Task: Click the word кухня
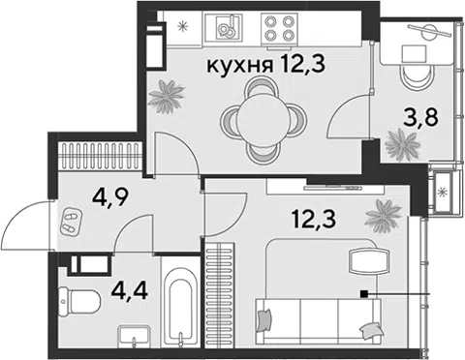coord(239,66)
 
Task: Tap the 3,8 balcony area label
coord(421,118)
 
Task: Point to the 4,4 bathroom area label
coord(129,290)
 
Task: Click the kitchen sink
coord(229,27)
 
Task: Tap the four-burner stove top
coord(279,28)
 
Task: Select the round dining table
coord(263,121)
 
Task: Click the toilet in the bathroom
coord(78,302)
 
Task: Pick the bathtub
coord(180,307)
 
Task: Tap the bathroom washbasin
coord(134,337)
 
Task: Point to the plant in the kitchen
coord(167,97)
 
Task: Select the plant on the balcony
coord(403,145)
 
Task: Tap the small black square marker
coord(364,293)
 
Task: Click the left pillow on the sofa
coord(264,320)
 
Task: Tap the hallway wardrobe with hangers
coord(100,156)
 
